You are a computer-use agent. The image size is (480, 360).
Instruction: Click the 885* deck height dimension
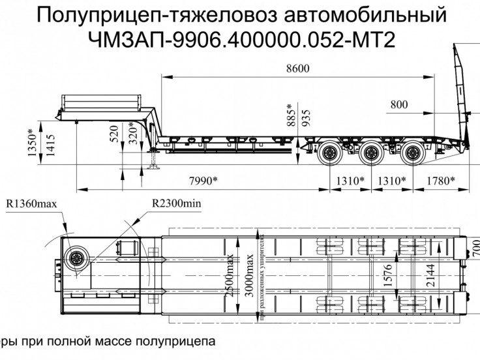pos(292,115)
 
